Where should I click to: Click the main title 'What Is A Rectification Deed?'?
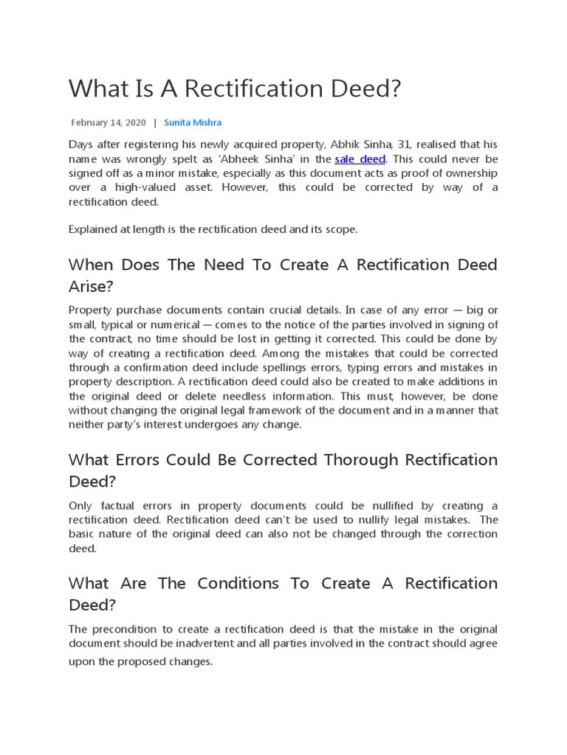pos(235,88)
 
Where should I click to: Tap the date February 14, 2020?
pos(108,122)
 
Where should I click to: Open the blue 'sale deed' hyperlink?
pos(360,159)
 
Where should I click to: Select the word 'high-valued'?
pos(141,187)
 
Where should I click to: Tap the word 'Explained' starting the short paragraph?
pos(92,229)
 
